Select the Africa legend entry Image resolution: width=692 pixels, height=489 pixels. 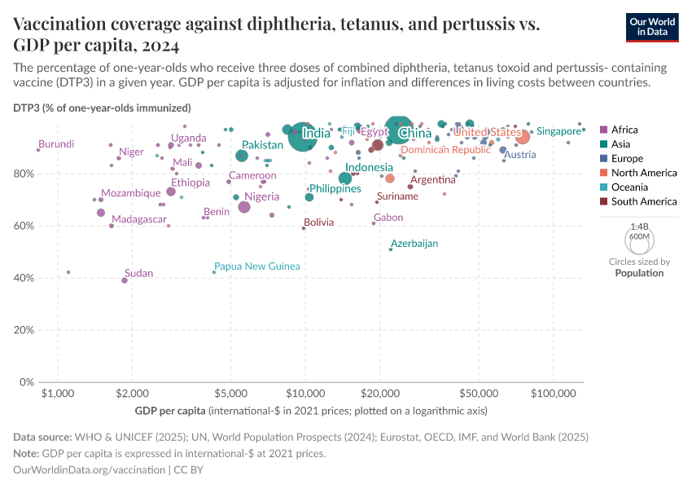[x=624, y=130]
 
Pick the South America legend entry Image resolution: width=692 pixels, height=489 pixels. [x=638, y=201]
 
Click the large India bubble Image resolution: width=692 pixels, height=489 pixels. [x=303, y=136]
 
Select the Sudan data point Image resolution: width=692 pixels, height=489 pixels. [x=125, y=280]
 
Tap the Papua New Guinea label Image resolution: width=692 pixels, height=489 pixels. [x=256, y=267]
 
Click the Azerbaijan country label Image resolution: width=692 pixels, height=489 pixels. [x=414, y=244]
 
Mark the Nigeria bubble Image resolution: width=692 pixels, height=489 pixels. [x=244, y=207]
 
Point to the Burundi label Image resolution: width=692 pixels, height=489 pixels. [x=56, y=143]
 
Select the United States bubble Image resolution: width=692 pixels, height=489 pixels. [x=523, y=137]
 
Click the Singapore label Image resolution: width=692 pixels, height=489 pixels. [x=558, y=131]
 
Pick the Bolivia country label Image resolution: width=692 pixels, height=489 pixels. [x=319, y=222]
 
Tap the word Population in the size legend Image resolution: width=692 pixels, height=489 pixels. [x=639, y=273]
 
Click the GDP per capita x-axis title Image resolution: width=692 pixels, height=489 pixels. [x=169, y=409]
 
